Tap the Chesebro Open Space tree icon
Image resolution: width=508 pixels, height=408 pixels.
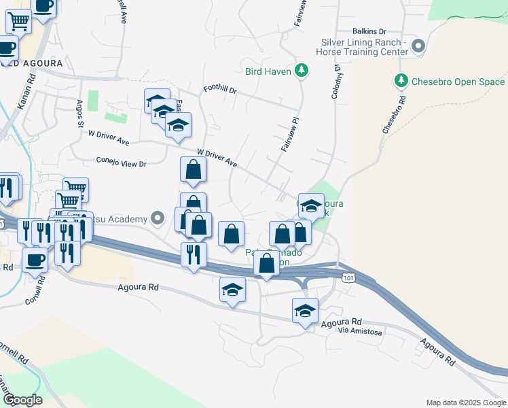tap(401, 82)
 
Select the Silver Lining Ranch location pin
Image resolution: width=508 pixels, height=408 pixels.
tap(418, 46)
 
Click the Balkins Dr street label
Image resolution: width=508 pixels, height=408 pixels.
tap(369, 31)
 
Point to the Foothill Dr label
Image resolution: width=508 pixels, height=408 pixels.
tap(219, 90)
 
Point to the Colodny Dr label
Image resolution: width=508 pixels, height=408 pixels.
tap(335, 82)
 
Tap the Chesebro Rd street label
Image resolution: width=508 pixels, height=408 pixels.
tap(393, 114)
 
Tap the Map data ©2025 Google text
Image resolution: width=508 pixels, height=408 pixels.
tap(466, 403)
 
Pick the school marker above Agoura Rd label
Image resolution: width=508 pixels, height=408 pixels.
tap(232, 290)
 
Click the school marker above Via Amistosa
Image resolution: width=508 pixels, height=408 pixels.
tap(305, 311)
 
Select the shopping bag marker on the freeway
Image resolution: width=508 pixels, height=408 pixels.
tap(266, 264)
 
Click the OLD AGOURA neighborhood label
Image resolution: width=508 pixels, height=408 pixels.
tap(35, 63)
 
